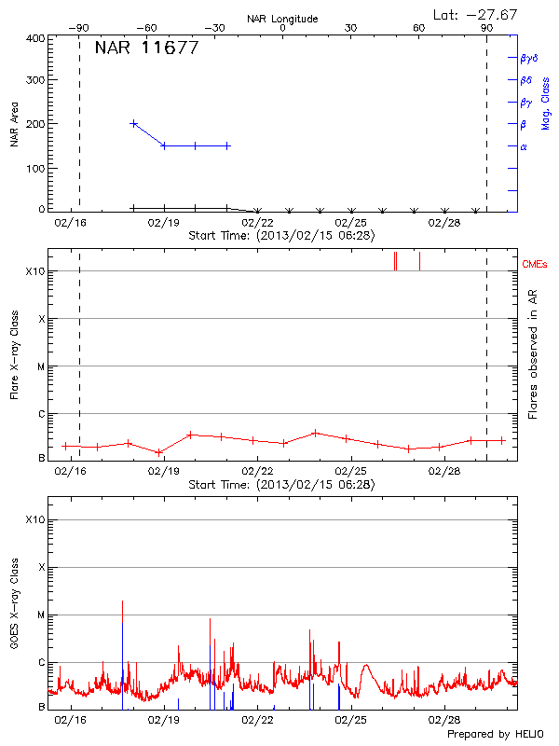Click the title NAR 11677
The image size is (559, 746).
146,48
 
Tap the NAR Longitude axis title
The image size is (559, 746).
282,19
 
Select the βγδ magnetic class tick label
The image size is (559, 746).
528,58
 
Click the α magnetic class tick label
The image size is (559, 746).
524,146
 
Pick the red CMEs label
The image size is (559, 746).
536,264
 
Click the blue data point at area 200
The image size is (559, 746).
134,123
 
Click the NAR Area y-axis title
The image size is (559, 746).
15,123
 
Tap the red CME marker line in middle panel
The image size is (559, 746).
419,260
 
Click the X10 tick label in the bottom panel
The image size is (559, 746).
34,519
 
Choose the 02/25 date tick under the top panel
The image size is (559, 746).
350,224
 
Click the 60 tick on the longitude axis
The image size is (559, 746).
419,28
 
